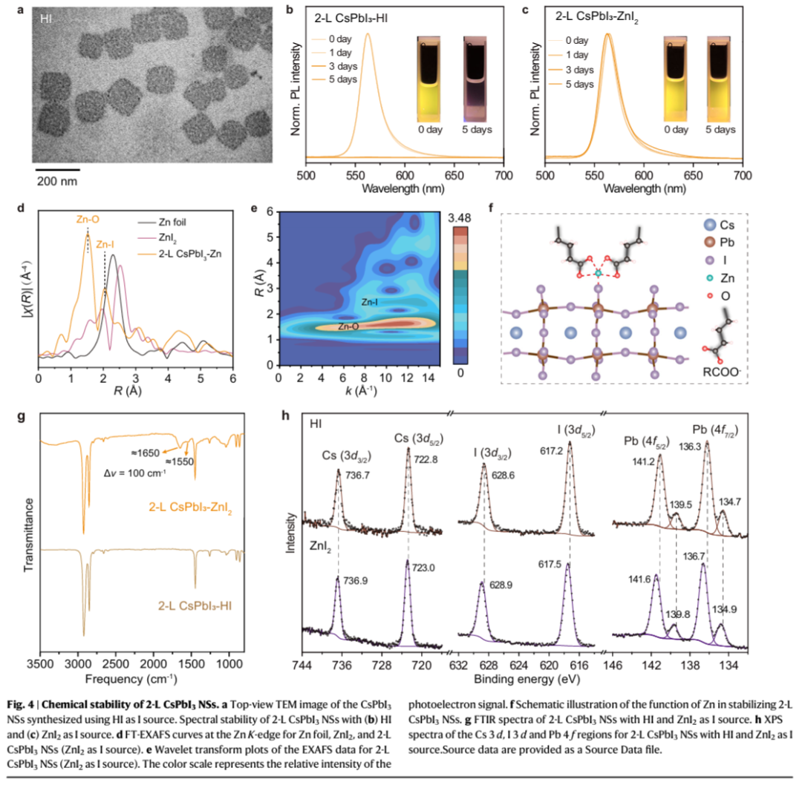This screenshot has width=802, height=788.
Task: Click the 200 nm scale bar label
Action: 59,180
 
